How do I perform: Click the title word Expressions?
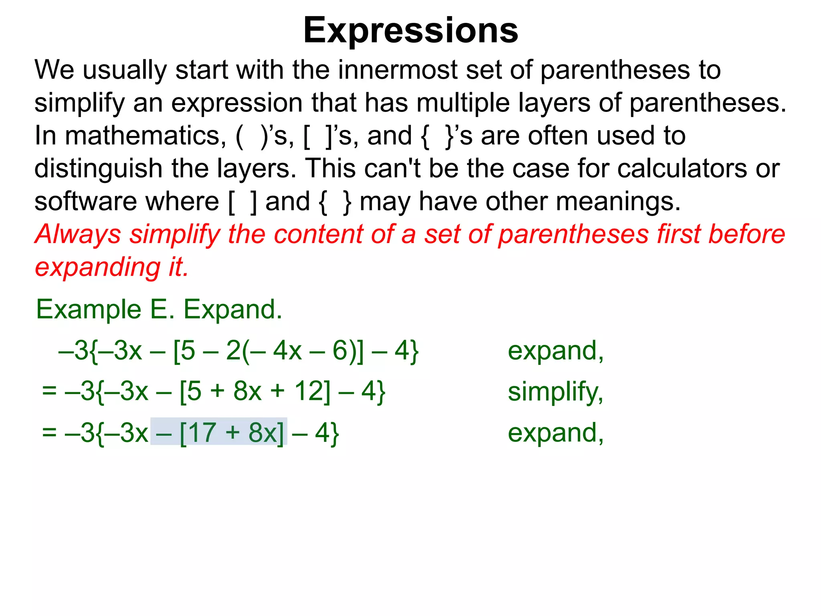(x=410, y=30)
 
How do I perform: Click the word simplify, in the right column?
(x=556, y=392)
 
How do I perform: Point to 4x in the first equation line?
(x=287, y=351)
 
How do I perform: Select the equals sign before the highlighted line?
(x=49, y=433)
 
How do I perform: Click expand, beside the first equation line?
(x=556, y=351)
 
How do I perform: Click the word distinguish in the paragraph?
(x=98, y=168)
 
